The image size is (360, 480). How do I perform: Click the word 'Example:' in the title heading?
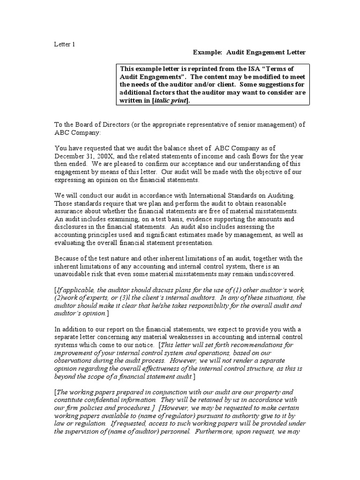[207, 52]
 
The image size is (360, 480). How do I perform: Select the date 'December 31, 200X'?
[83, 157]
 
